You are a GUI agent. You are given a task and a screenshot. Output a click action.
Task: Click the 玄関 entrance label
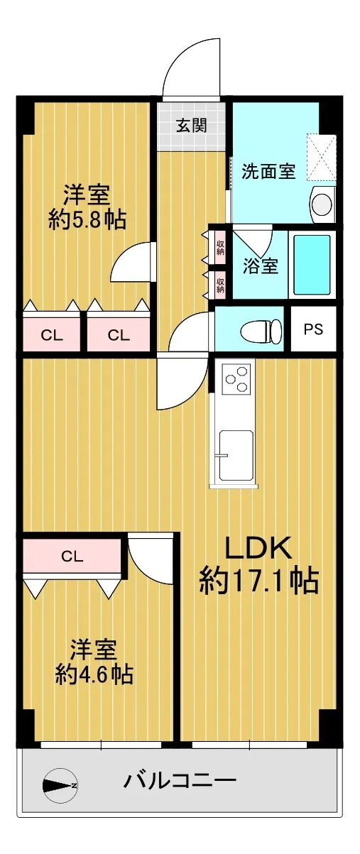pyautogui.click(x=192, y=125)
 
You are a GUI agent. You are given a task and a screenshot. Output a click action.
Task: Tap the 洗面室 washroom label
pyautogui.click(x=269, y=171)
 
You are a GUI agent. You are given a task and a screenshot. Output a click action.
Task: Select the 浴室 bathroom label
pyautogui.click(x=261, y=265)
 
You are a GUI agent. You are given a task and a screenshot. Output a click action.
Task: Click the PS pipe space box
pyautogui.click(x=313, y=329)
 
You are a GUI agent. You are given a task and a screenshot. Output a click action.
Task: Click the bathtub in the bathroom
pyautogui.click(x=312, y=265)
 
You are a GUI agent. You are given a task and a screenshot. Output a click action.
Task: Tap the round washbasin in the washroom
pyautogui.click(x=322, y=204)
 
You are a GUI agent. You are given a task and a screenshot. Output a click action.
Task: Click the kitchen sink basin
pyautogui.click(x=236, y=456)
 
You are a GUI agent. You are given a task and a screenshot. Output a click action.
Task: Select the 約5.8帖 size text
pyautogui.click(x=87, y=219)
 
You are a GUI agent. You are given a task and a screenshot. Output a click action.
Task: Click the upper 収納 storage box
pyautogui.click(x=220, y=246)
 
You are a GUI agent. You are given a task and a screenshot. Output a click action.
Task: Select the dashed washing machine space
pyautogui.click(x=322, y=157)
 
